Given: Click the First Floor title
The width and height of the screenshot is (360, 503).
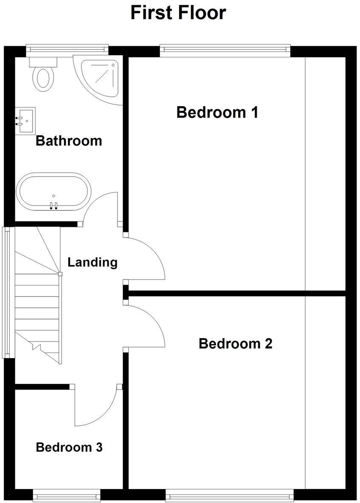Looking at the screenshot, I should (178, 13).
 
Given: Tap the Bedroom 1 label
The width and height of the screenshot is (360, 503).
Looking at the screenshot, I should (217, 113).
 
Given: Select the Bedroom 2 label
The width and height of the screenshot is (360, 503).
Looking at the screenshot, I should (235, 343).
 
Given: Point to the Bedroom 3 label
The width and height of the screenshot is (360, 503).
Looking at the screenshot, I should (69, 447).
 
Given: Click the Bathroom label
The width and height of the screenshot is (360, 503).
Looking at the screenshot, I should (69, 141).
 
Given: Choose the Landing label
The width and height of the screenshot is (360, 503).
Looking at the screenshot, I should (93, 262).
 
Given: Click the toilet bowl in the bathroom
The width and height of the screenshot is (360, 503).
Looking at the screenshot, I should (43, 78).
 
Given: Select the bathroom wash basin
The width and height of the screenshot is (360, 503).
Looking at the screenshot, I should (25, 121).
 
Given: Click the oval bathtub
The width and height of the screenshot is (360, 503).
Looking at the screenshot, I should (53, 192).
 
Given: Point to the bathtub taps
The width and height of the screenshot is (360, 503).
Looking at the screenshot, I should (53, 206).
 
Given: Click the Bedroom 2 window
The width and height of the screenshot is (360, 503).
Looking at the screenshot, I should (230, 495).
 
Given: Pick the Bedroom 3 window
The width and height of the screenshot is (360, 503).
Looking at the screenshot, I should (67, 495).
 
